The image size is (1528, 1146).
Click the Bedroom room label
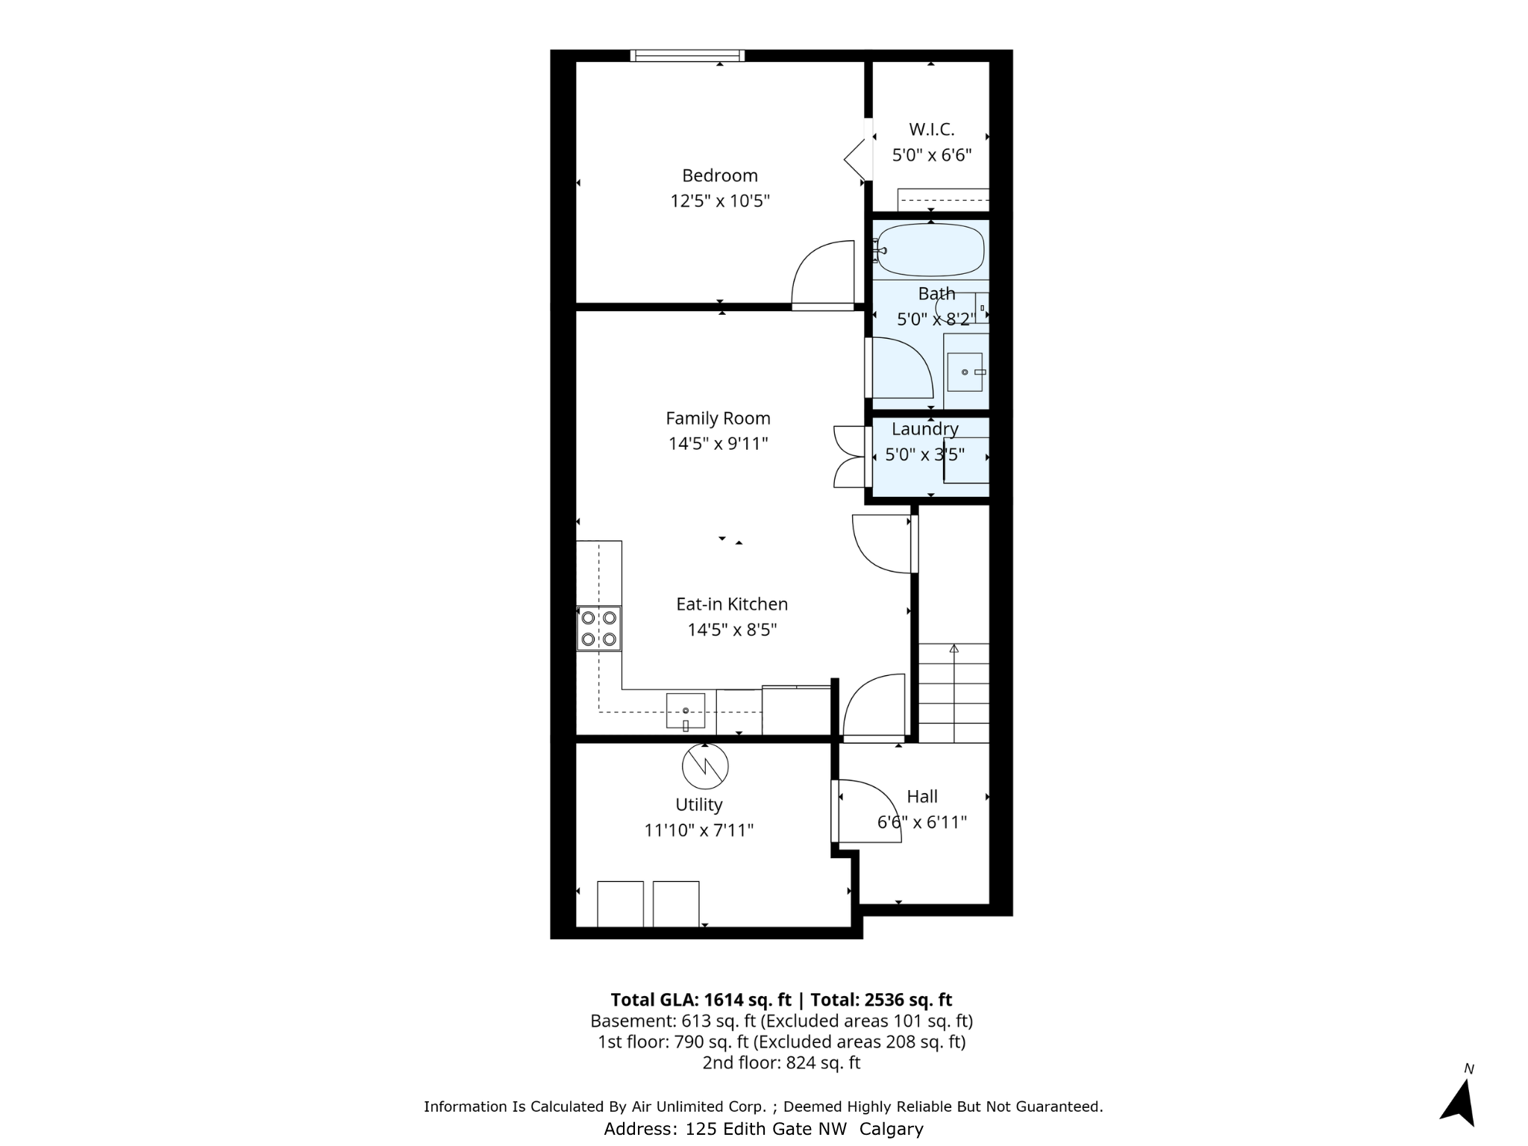[719, 175]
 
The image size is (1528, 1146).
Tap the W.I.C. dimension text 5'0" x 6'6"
[931, 155]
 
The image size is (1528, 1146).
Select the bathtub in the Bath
[930, 250]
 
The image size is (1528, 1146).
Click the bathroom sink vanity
[965, 372]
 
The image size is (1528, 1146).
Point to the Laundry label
[924, 429]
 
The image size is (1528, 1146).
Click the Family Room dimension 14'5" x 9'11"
[718, 444]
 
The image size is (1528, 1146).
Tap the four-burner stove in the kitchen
[599, 628]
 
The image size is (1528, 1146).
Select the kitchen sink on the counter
[685, 710]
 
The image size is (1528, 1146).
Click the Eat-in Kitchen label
[731, 604]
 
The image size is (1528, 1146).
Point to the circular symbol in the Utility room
[704, 766]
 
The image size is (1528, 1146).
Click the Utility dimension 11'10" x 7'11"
[698, 830]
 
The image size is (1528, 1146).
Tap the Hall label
[922, 797]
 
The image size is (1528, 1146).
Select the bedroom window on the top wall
[686, 55]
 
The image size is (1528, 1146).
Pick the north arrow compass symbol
[1459, 1102]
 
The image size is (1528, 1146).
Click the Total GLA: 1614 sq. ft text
[700, 1000]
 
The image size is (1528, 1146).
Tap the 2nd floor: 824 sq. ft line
[781, 1062]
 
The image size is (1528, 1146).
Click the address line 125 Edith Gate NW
[763, 1129]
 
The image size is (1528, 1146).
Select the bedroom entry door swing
[823, 274]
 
